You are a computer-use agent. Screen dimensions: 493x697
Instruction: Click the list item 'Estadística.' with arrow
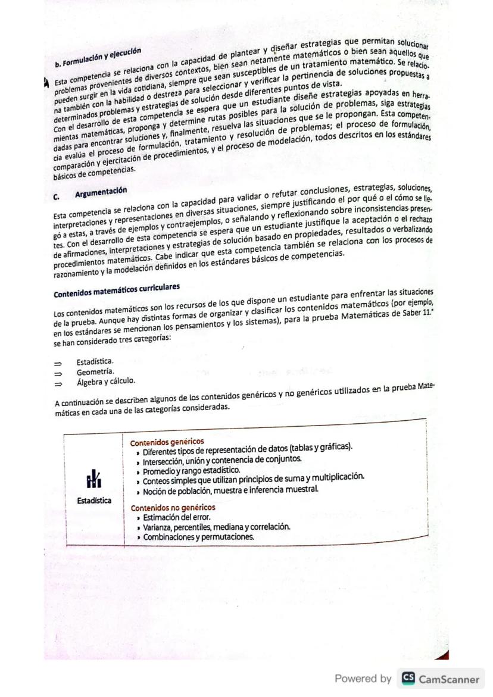(95, 361)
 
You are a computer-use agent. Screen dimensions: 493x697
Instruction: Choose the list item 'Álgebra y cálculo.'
(105, 381)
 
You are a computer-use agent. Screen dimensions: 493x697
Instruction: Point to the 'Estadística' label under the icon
(94, 501)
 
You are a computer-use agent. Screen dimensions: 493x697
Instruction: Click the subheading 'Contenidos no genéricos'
(173, 508)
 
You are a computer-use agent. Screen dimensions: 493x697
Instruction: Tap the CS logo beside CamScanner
(407, 679)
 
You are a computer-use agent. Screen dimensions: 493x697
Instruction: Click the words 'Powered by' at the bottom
(363, 679)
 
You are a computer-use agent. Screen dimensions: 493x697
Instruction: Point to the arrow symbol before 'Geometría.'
(58, 371)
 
